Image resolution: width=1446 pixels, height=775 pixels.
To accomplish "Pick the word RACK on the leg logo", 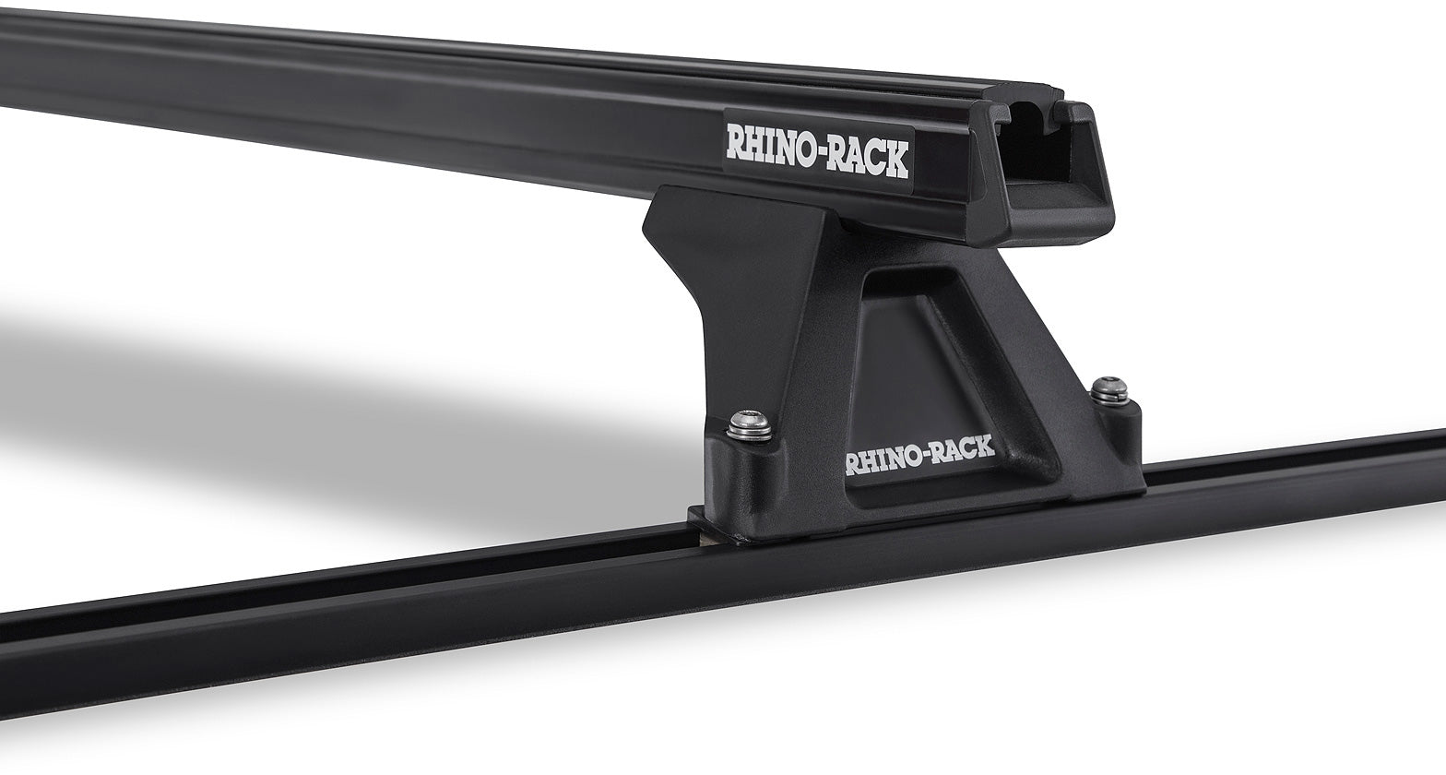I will [960, 449].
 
